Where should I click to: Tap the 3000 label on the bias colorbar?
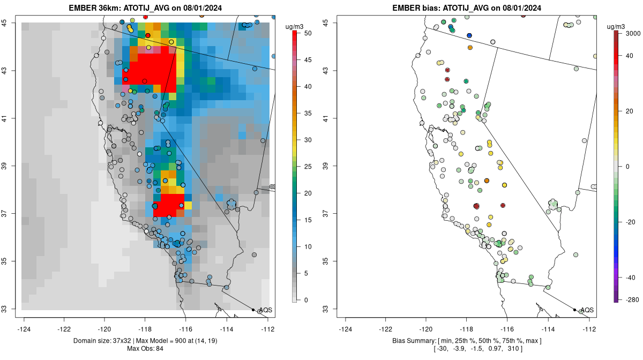632,33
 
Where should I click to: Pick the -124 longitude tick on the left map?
25,328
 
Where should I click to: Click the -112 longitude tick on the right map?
589,328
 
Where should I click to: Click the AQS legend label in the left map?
265,310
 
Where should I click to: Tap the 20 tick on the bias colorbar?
630,111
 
